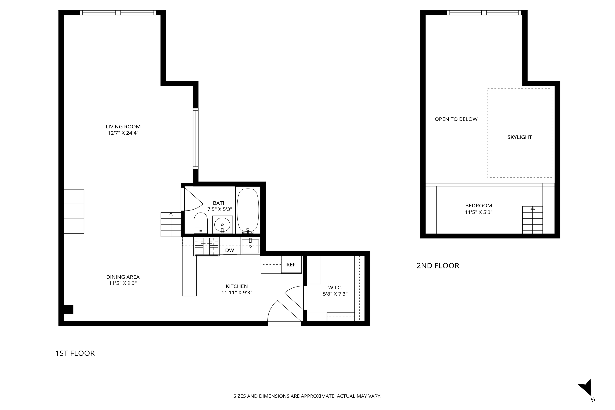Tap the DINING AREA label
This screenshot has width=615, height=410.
tap(123, 277)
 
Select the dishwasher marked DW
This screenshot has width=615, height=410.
tap(230, 250)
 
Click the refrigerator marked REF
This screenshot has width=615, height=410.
tap(291, 265)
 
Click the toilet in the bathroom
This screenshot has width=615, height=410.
tap(201, 223)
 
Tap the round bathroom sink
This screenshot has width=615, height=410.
tap(222, 224)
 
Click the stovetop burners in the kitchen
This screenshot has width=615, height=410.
tap(206, 246)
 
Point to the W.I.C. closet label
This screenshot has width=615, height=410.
tap(335, 288)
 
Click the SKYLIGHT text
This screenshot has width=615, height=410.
tap(520, 137)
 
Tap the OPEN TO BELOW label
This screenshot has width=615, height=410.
tap(456, 119)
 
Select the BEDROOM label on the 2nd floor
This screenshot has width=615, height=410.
tap(479, 206)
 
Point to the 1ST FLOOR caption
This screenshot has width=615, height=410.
tap(75, 353)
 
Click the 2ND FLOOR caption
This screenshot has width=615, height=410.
tap(438, 266)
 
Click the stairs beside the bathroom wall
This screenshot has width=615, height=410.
tap(171, 225)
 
